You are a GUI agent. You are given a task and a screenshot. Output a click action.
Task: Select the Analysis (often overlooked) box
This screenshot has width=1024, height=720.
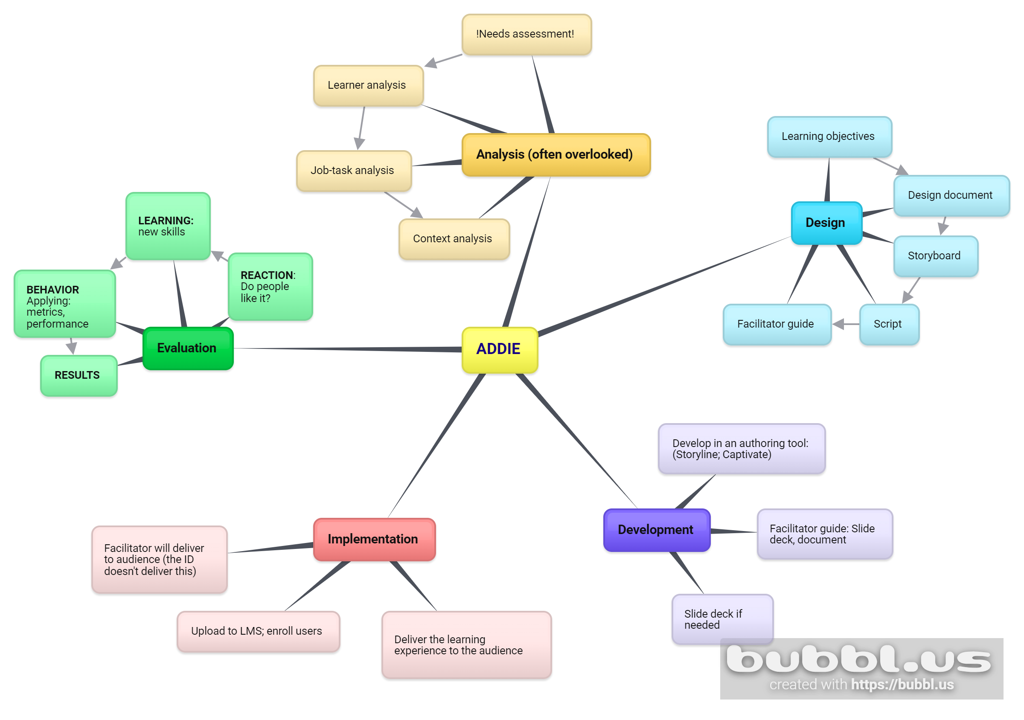pyautogui.click(x=556, y=155)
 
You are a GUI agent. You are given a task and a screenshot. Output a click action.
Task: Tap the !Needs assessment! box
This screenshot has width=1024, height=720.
pyautogui.click(x=526, y=34)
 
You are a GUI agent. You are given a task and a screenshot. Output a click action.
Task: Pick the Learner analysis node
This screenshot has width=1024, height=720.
pyautogui.click(x=368, y=86)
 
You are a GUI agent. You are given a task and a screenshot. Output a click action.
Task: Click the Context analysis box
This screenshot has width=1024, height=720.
pyautogui.click(x=454, y=239)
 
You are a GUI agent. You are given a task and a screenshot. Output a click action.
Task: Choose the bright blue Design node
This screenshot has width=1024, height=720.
pyautogui.click(x=826, y=223)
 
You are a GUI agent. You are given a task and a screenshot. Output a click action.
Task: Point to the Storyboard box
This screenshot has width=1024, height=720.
pyautogui.click(x=935, y=256)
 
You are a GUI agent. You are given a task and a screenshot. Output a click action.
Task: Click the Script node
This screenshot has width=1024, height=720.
pyautogui.click(x=888, y=324)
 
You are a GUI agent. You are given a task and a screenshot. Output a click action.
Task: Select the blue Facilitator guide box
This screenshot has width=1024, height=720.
pyautogui.click(x=777, y=324)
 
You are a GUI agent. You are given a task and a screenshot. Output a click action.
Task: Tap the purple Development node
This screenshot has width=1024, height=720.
pyautogui.click(x=656, y=530)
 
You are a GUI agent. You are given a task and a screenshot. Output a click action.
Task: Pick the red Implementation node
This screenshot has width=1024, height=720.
pyautogui.click(x=374, y=539)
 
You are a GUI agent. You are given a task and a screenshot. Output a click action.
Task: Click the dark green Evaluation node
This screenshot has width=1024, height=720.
pyautogui.click(x=187, y=348)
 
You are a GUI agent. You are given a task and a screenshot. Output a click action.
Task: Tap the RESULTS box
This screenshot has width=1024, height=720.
pyautogui.click(x=78, y=375)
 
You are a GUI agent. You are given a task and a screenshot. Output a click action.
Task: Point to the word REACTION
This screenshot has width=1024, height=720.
pyautogui.click(x=267, y=275)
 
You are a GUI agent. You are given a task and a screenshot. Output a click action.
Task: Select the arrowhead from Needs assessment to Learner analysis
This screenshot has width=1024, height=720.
pyautogui.click(x=431, y=63)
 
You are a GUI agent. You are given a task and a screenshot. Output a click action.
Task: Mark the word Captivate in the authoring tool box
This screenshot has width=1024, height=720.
pyautogui.click(x=746, y=455)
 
